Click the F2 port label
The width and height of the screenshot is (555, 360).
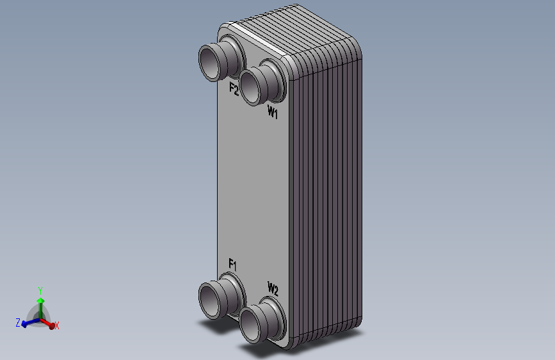pyautogui.click(x=234, y=88)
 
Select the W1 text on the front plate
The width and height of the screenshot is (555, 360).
pyautogui.click(x=273, y=112)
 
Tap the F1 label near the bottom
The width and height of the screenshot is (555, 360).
pyautogui.click(x=232, y=265)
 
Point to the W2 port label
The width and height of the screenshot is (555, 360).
pyautogui.click(x=273, y=289)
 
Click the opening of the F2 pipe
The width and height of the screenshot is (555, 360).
pyautogui.click(x=209, y=63)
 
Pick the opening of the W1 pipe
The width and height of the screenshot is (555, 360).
pyautogui.click(x=250, y=87)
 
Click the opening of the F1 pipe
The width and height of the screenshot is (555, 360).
pyautogui.click(x=209, y=301)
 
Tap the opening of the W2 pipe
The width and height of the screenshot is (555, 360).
pyautogui.click(x=250, y=325)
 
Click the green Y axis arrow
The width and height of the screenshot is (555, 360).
pyautogui.click(x=41, y=308)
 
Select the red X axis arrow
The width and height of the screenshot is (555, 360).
pyautogui.click(x=48, y=323)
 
